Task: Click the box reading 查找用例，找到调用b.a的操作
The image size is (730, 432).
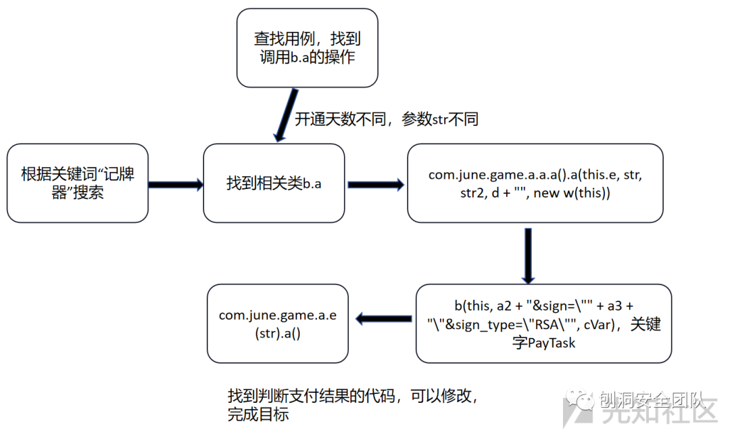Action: [307, 47]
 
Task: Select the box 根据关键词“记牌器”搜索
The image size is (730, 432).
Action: [77, 183]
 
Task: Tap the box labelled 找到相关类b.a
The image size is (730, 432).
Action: [274, 183]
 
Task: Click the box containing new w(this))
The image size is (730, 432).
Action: [535, 183]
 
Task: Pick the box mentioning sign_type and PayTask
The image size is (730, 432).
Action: [543, 324]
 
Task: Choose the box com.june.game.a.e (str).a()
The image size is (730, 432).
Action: [278, 324]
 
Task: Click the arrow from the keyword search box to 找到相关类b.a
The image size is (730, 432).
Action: [175, 184]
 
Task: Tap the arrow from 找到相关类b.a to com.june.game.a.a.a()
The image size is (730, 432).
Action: [376, 184]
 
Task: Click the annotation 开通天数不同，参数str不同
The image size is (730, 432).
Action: [387, 119]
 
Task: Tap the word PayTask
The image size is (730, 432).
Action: [552, 343]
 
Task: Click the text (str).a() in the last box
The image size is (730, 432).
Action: [278, 333]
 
